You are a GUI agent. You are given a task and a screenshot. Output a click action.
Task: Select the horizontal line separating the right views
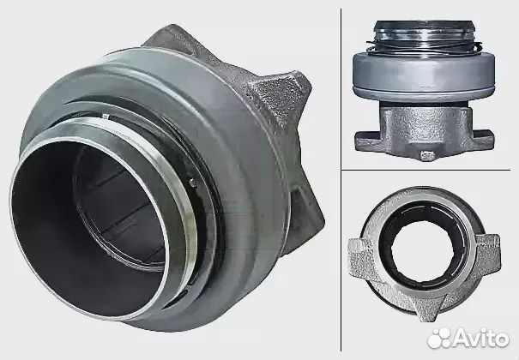pyautogui.click(x=429, y=170)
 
